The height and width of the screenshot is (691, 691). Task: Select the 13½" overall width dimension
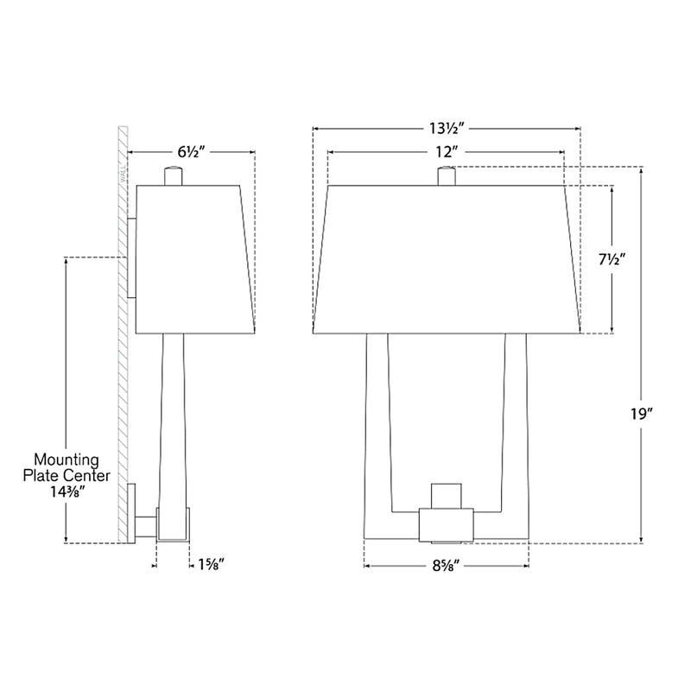[446, 128]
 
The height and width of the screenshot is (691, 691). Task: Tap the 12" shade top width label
[446, 151]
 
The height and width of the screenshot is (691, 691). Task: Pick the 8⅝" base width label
[447, 567]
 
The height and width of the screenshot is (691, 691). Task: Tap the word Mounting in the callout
[67, 460]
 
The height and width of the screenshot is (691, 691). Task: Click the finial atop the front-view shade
[446, 175]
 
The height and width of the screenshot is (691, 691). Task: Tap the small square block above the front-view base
[446, 495]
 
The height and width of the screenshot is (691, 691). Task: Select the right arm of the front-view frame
[516, 432]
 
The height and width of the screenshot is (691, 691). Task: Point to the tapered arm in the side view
[174, 415]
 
